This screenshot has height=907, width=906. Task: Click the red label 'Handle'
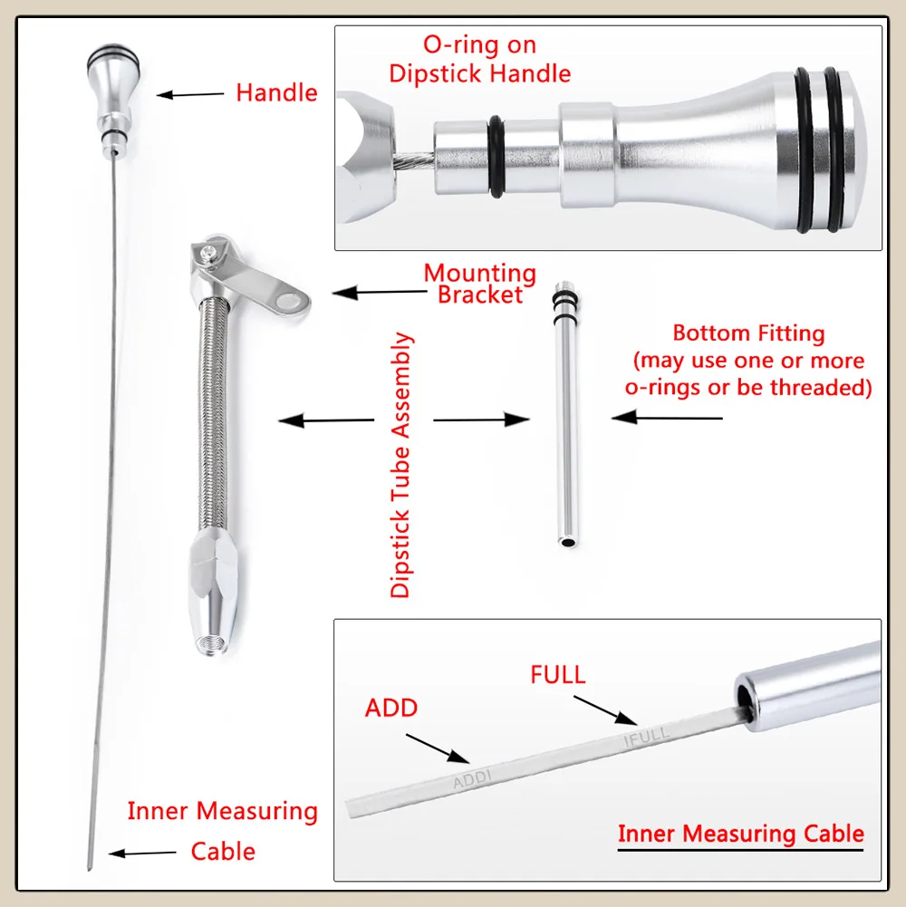click(x=276, y=92)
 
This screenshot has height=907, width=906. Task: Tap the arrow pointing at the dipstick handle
click(x=190, y=93)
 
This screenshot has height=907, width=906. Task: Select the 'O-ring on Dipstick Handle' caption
click(x=480, y=59)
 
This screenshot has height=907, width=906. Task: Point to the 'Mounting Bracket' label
click(x=480, y=283)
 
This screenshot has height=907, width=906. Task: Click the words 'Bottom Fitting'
click(x=748, y=333)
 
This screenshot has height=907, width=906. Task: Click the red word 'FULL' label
click(x=558, y=675)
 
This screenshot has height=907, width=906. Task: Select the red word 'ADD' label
click(x=391, y=708)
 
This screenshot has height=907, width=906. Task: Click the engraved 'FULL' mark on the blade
click(x=647, y=735)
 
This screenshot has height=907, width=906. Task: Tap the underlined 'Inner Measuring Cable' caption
click(x=740, y=835)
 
